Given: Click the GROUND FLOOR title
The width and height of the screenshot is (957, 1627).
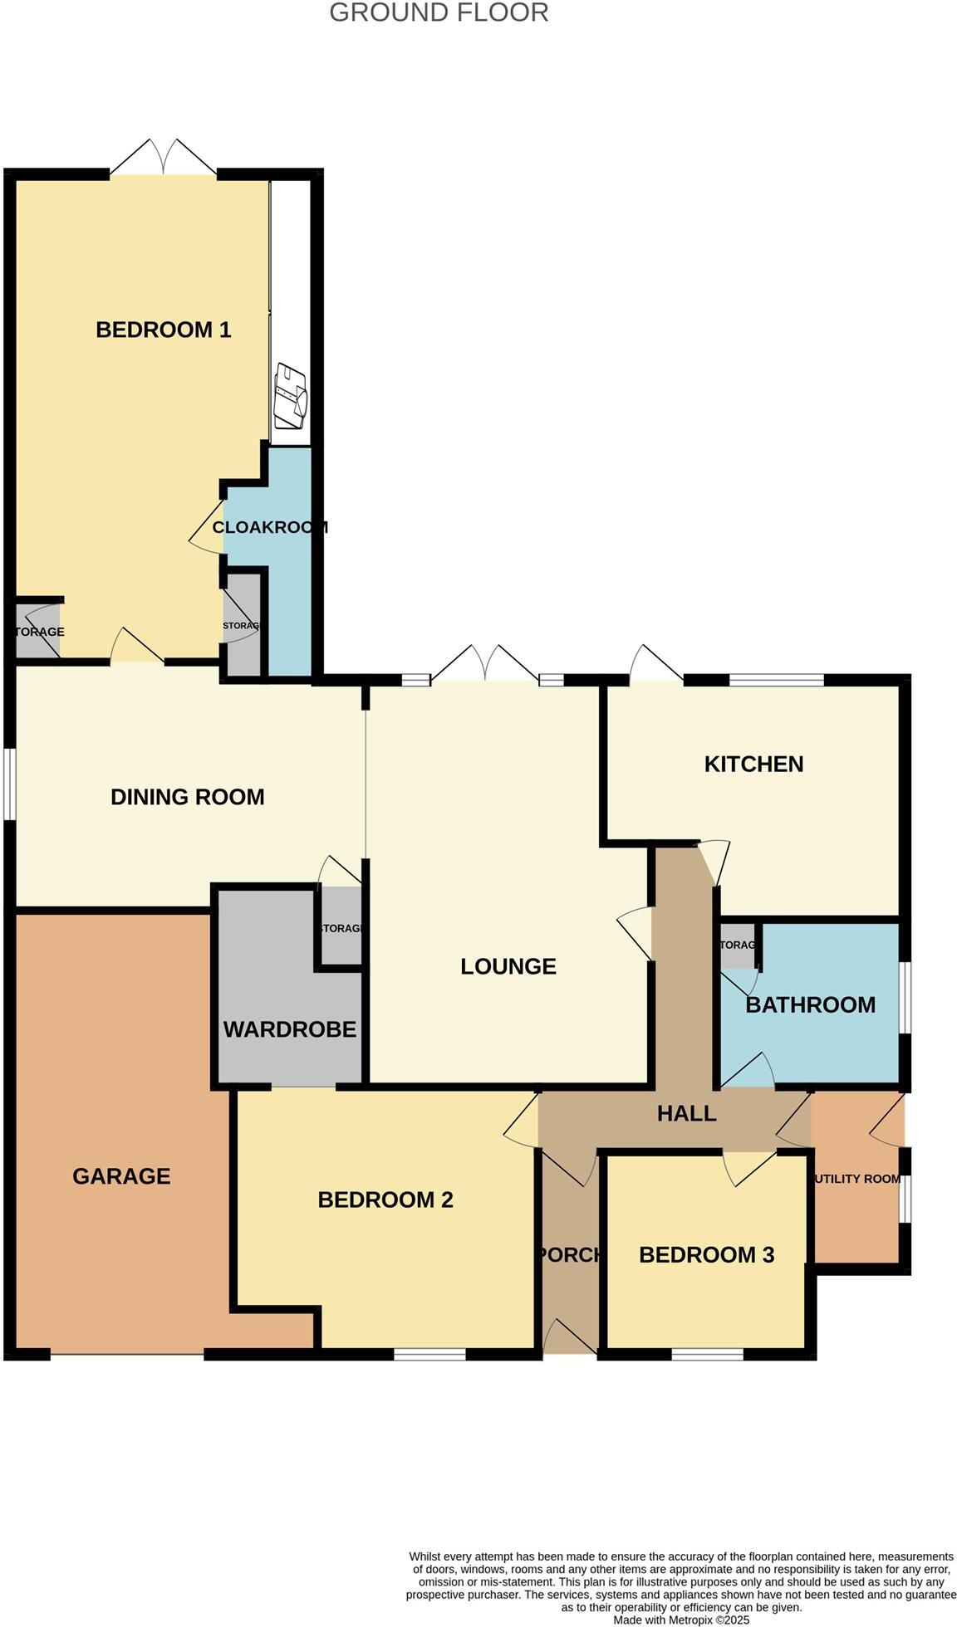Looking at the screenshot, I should [x=439, y=13].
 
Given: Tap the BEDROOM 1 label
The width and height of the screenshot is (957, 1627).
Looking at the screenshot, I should [x=163, y=330].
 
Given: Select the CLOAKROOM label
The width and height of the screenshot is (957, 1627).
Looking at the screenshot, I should [x=270, y=527].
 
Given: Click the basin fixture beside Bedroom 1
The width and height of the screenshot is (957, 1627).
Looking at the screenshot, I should [x=291, y=396].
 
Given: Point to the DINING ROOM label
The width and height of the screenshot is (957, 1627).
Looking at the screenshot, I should [x=187, y=797].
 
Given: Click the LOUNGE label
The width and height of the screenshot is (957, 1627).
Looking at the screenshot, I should [x=508, y=966].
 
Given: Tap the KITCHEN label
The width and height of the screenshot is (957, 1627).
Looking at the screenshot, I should [x=753, y=764].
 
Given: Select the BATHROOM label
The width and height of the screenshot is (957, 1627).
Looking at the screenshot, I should [x=810, y=1004].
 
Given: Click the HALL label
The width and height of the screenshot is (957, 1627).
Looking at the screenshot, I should [x=686, y=1113].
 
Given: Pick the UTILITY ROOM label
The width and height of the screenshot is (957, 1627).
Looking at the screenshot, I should [x=857, y=1179].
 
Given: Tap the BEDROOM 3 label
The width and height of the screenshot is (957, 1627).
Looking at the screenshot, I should [x=706, y=1254].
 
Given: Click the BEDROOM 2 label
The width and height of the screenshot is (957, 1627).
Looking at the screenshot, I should [x=385, y=1199].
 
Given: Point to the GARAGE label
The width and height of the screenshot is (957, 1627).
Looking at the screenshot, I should [x=121, y=1175].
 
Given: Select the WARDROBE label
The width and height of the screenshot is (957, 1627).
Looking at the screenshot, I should [x=289, y=1029].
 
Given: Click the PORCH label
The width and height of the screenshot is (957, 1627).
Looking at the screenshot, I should [x=570, y=1254].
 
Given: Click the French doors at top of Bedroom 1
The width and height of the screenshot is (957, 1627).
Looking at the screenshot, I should [x=164, y=158].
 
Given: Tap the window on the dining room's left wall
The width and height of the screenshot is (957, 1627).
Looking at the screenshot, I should [x=9, y=784].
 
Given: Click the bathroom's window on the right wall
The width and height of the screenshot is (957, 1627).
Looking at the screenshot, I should [x=905, y=997].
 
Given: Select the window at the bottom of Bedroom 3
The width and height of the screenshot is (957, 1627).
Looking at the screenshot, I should [x=707, y=1354].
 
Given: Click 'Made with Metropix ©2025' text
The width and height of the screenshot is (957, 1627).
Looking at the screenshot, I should [x=681, y=1620].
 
